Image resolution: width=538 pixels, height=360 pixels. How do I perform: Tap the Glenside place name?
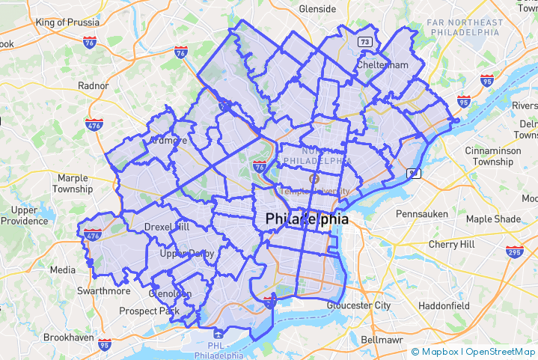(318, 9)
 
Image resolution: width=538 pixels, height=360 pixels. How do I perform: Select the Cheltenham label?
(382, 65)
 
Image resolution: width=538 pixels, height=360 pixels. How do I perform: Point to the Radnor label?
(94, 85)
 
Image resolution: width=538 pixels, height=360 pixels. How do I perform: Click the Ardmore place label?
(168, 141)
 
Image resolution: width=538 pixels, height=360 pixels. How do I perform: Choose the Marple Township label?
(73, 183)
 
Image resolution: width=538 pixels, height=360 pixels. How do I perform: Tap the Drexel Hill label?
(167, 226)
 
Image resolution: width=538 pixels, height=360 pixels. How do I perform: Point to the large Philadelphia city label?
(307, 220)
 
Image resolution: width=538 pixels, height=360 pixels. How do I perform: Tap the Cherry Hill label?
(451, 244)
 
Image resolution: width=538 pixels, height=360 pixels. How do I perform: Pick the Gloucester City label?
(359, 305)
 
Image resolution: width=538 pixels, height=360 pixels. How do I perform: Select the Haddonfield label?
(444, 306)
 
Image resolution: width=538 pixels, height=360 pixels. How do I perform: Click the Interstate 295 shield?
(515, 251)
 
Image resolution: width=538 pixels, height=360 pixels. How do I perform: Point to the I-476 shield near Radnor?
(94, 123)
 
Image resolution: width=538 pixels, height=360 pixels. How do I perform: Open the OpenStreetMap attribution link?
(501, 351)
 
